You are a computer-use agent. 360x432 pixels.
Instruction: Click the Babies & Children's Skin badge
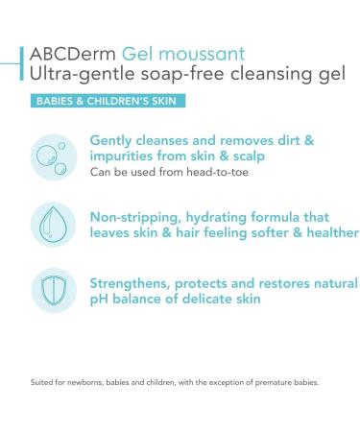tap(107, 100)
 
